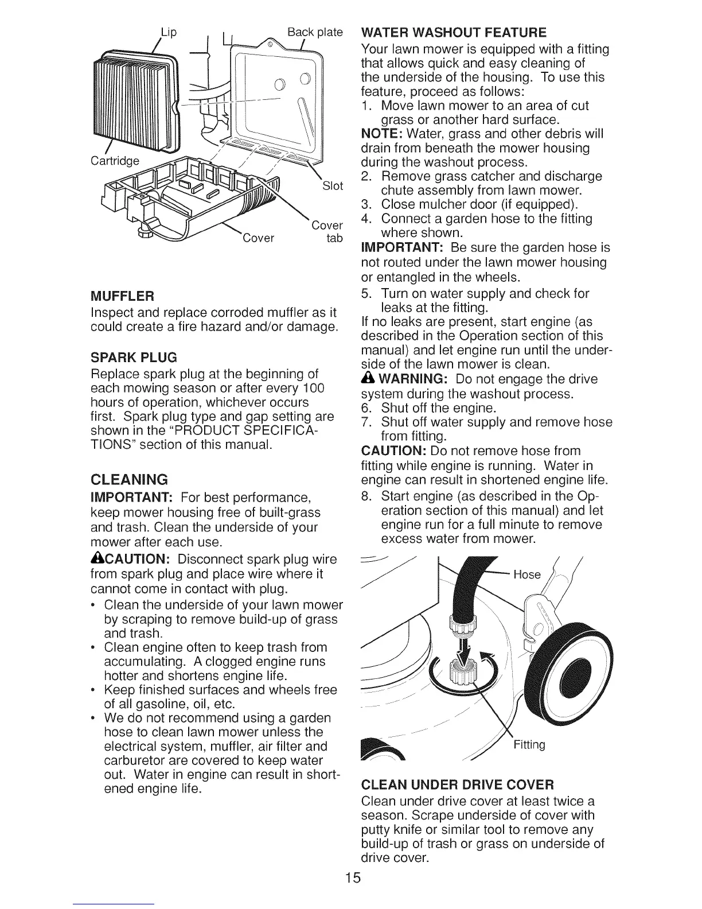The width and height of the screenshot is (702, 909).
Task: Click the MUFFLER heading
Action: click(123, 296)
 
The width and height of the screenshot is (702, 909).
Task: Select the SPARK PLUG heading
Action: click(134, 358)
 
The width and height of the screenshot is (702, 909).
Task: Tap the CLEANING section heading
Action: click(129, 479)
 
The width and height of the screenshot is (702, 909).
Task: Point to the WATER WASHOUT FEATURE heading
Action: click(454, 32)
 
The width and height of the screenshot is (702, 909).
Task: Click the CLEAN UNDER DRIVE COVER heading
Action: click(458, 784)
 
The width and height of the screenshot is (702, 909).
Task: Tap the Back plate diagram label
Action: click(315, 32)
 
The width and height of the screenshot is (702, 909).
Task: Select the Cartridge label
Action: click(115, 161)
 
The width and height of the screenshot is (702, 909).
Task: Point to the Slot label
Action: click(333, 185)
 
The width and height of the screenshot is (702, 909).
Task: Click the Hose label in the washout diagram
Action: click(527, 574)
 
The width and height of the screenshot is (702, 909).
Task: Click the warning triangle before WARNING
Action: click(367, 379)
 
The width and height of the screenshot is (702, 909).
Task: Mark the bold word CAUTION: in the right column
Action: click(393, 450)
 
